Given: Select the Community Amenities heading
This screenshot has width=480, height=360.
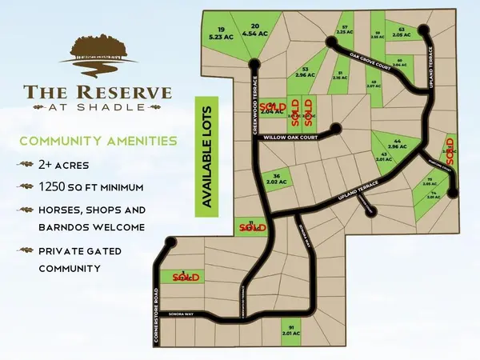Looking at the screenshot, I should [x=98, y=141].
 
